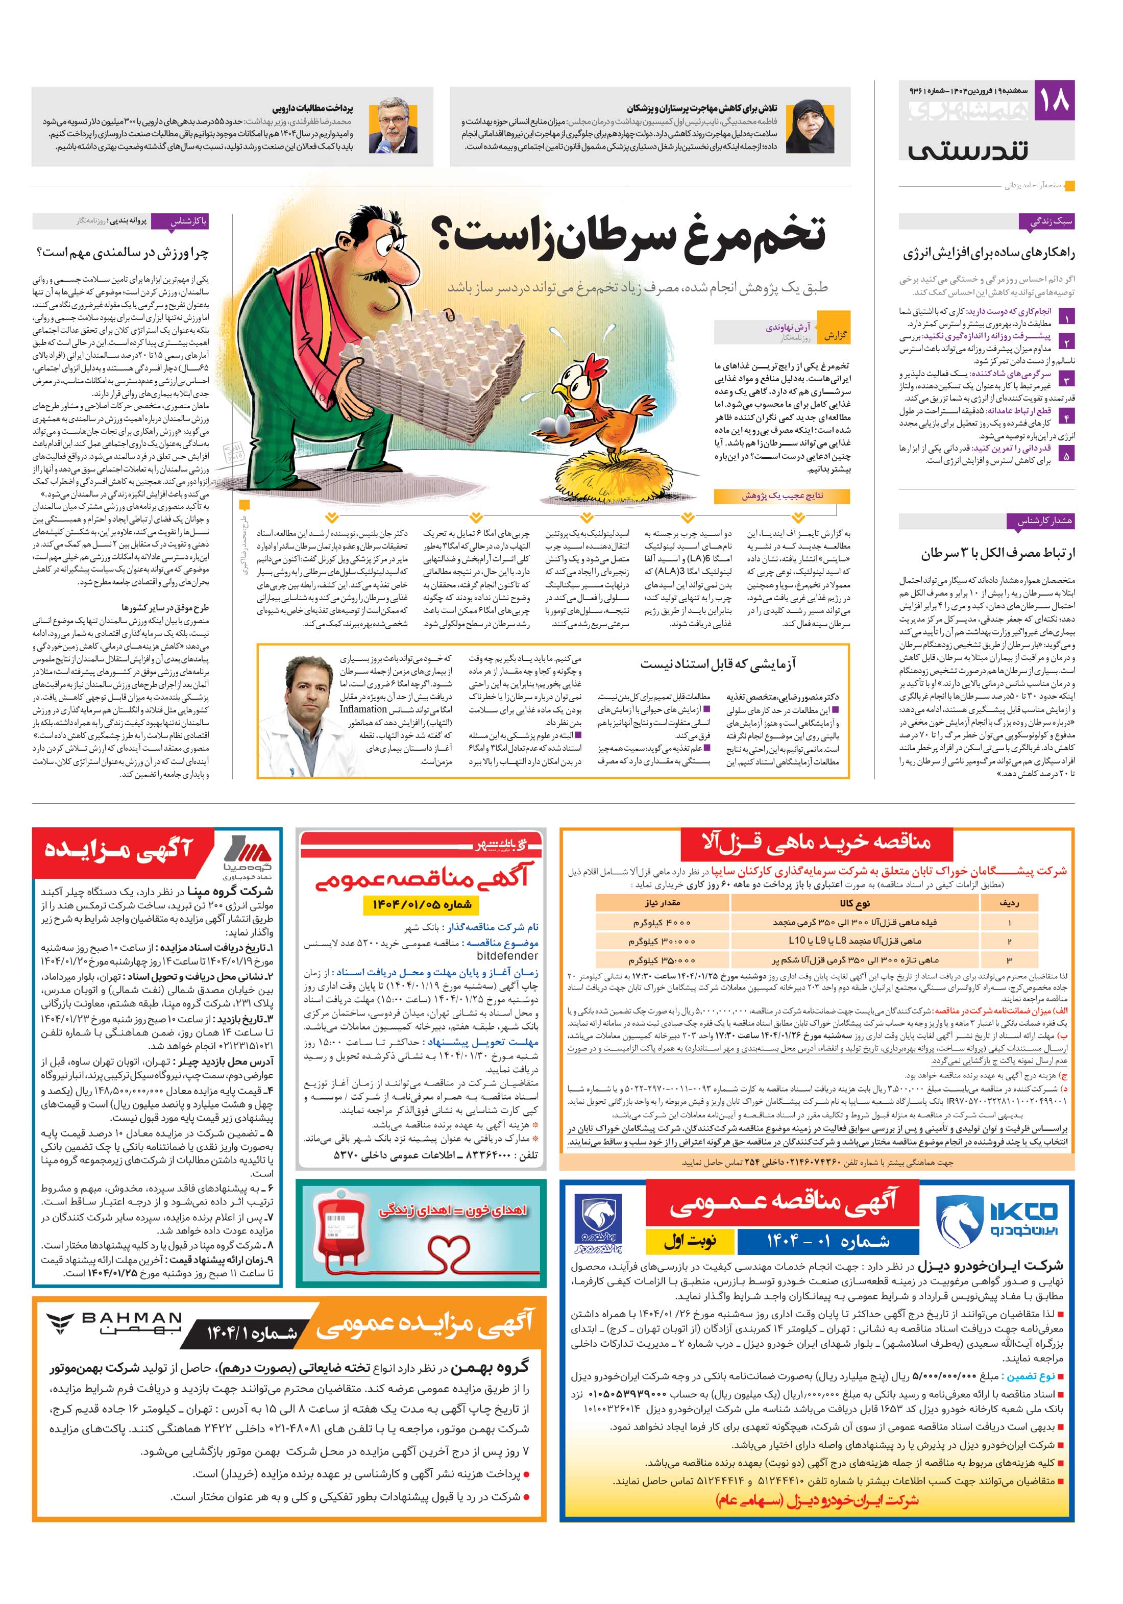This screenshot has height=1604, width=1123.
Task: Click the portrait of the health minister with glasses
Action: [x=398, y=127]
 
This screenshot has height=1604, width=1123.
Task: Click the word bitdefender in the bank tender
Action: [x=507, y=956]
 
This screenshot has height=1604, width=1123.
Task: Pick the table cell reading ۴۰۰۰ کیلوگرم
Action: [x=661, y=922]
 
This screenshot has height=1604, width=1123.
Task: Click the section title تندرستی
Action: [x=968, y=150]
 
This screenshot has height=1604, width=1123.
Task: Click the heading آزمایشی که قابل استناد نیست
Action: [x=718, y=663]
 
